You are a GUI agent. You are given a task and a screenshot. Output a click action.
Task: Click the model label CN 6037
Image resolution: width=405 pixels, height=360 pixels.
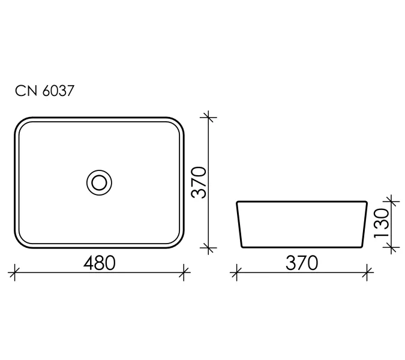point(44,91)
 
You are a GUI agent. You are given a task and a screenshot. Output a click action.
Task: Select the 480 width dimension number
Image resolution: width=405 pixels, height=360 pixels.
point(99,263)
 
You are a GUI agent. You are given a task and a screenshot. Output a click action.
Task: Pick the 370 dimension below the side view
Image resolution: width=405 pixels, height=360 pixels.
point(301,263)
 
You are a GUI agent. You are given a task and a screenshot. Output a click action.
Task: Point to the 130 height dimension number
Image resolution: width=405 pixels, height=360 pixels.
point(382,223)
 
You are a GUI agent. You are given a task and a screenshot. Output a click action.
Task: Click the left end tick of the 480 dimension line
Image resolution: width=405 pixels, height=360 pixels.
point(14,274)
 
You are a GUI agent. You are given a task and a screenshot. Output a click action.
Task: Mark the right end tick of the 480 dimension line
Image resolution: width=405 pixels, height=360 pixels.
point(184,274)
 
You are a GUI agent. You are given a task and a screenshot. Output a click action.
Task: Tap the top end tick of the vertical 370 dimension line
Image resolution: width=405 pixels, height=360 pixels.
point(208,117)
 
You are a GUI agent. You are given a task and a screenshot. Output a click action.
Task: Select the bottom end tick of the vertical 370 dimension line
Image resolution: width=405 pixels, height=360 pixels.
point(208,247)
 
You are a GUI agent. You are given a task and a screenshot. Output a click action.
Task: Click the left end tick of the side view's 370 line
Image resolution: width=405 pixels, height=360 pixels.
point(236,274)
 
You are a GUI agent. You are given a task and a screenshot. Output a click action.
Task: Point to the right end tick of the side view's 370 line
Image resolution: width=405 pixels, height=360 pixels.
point(367,274)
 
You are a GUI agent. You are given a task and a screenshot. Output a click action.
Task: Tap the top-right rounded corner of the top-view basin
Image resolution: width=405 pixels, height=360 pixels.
point(179,122)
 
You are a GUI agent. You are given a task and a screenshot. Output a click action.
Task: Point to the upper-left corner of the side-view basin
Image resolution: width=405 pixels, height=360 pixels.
point(238,202)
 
